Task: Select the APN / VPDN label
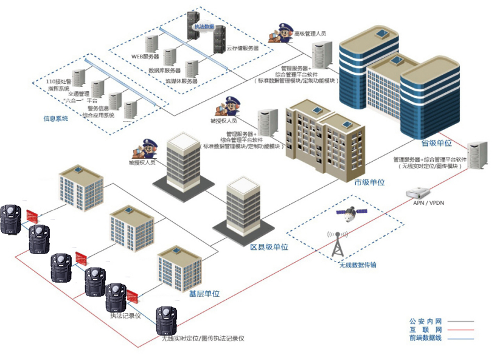pyautogui.click(x=428, y=202)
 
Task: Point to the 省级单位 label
pyautogui.click(x=436, y=143)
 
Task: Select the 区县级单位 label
pyautogui.click(x=269, y=247)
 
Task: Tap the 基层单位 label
pyautogui.click(x=204, y=294)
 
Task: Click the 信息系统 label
pyautogui.click(x=55, y=118)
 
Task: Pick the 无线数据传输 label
pyautogui.click(x=357, y=265)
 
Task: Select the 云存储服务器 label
pyautogui.click(x=243, y=47)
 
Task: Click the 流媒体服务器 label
pyautogui.click(x=181, y=81)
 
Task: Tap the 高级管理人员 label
pyautogui.click(x=310, y=34)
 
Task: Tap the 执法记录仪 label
pyautogui.click(x=125, y=316)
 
